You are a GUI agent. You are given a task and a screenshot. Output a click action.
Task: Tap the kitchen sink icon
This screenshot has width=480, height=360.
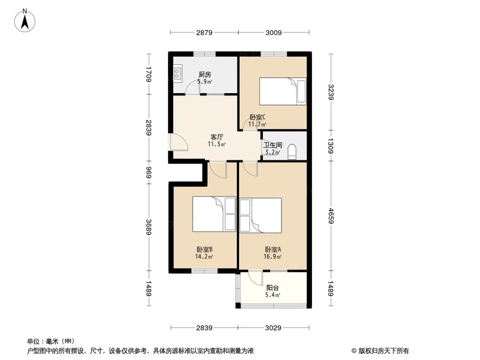pyautogui.click(x=178, y=73)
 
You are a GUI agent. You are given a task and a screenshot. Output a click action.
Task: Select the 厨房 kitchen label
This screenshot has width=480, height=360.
pyautogui.click(x=205, y=75)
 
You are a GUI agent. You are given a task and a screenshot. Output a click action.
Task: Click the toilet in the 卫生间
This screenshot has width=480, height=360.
pyautogui.click(x=293, y=153)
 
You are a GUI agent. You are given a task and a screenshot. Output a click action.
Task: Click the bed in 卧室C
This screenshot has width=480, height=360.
pyautogui.click(x=283, y=91)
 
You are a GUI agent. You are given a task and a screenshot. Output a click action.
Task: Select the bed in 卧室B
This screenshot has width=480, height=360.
pyautogui.click(x=214, y=214)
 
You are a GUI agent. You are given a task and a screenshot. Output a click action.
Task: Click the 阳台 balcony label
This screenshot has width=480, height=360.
pyautogui.click(x=273, y=288)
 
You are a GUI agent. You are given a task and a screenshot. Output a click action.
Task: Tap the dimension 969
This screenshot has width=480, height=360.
pyautogui.click(x=149, y=172)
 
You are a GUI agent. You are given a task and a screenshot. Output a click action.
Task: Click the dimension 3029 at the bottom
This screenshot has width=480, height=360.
pyautogui.click(x=273, y=328)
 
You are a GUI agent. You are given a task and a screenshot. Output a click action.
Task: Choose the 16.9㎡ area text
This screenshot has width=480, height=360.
pyautogui.click(x=273, y=257)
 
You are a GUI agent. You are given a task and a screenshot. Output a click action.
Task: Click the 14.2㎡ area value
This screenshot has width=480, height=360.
pyautogui.click(x=204, y=257)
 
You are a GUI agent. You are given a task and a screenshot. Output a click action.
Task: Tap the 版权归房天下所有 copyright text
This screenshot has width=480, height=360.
pyautogui.click(x=382, y=350)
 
